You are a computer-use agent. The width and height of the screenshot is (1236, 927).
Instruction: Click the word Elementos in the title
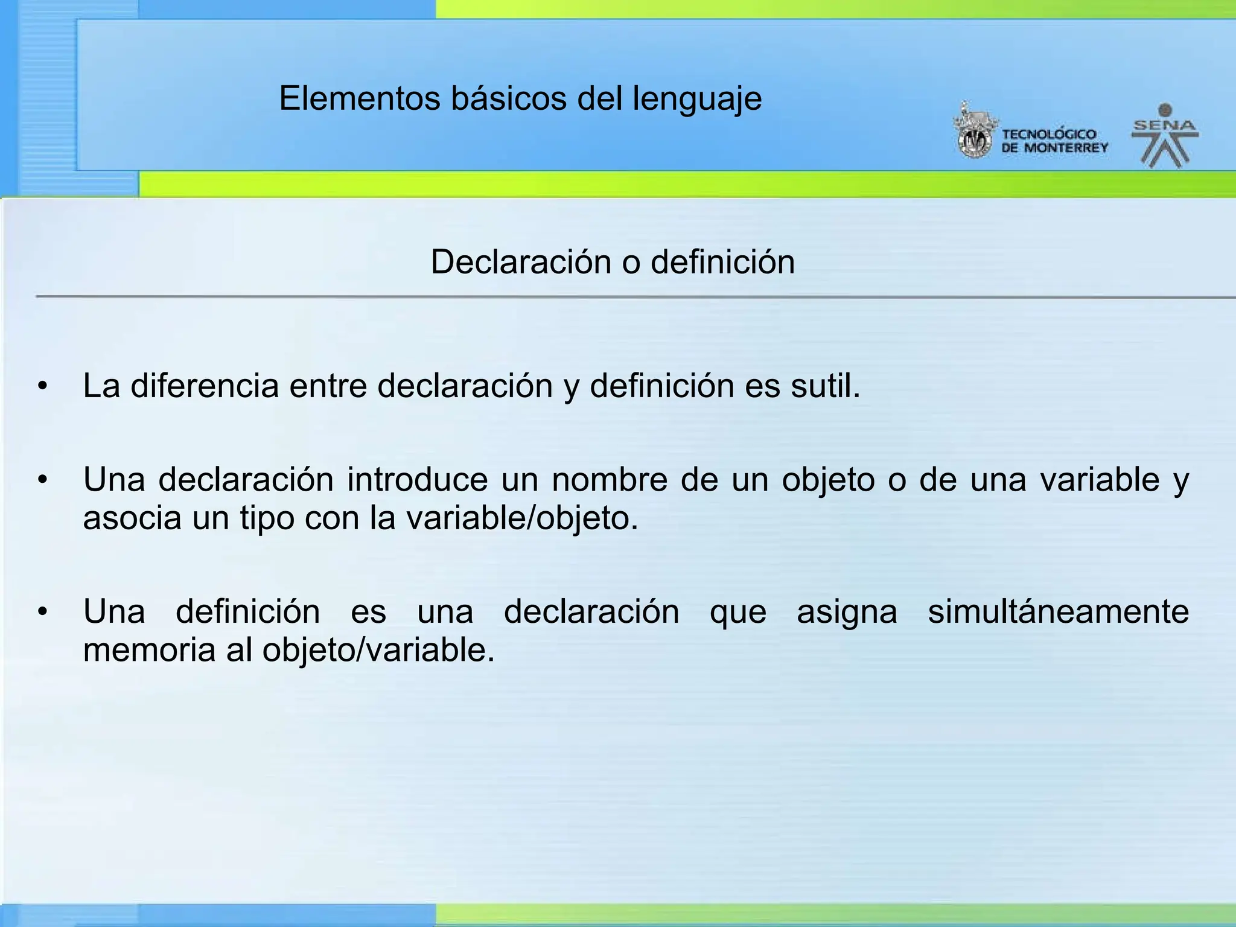[x=360, y=98]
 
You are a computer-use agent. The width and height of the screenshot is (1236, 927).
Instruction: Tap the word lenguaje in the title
[x=697, y=100]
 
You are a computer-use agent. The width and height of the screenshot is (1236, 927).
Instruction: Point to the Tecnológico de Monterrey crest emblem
[x=973, y=131]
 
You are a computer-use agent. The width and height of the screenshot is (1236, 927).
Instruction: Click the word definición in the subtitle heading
[x=722, y=262]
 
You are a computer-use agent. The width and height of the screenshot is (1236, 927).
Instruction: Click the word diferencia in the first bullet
[x=205, y=386]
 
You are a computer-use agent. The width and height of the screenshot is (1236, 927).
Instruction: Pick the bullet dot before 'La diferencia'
[x=42, y=386]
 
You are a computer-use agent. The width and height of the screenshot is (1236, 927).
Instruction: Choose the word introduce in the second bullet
[x=417, y=480]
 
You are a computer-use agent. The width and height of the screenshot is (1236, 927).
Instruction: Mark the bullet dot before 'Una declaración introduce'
[x=42, y=480]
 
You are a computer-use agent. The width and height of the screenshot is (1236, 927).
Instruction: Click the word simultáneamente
[x=1058, y=611]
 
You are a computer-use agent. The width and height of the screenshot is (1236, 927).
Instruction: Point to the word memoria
[x=149, y=650]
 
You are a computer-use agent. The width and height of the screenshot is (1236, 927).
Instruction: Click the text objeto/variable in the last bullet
[x=378, y=650]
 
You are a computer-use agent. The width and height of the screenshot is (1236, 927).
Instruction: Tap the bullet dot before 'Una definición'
[x=42, y=612]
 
